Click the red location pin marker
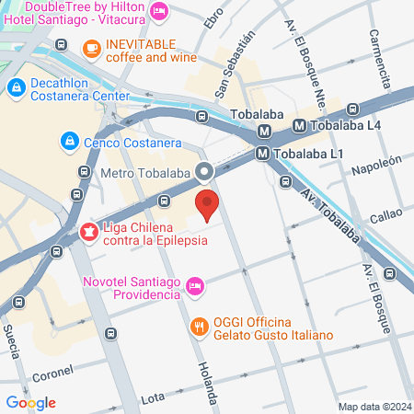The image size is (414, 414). [x=207, y=202]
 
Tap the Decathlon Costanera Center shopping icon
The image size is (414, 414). [x=16, y=87]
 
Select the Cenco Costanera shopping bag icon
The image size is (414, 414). [x=68, y=140]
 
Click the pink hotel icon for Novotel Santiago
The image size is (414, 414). [x=194, y=287]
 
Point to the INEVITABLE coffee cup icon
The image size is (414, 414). [x=90, y=48]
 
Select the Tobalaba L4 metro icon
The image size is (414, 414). [x=300, y=125]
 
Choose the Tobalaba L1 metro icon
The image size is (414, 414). [x=262, y=154]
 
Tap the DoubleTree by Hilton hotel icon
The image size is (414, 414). [x=158, y=11]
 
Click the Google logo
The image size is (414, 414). [x=30, y=402]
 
